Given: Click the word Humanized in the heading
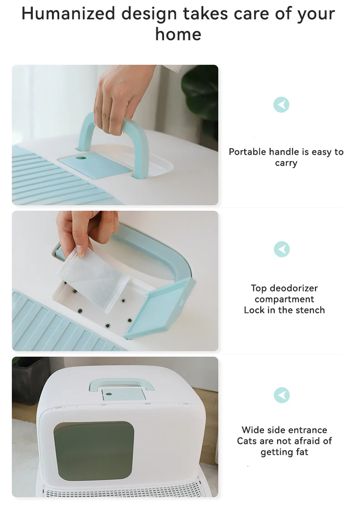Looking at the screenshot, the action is pos(68,14).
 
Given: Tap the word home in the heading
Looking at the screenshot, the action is pos(178,34).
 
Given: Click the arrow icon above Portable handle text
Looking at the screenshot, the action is pos(281,105).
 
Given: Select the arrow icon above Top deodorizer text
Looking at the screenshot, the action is pos(282,249).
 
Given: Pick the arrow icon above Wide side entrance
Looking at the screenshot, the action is pos(282,395).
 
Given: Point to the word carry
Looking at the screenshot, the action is pos(286,163).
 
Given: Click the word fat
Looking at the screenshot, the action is pos(302,452).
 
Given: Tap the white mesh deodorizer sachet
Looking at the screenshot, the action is pos(94,279).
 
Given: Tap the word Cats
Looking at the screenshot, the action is pos(246,441).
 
